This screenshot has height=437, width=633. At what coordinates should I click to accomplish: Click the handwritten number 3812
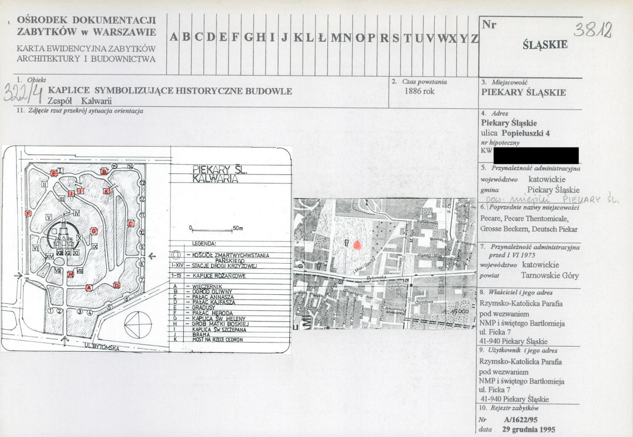pos(593,31)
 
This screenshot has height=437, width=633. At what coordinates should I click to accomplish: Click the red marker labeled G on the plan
pos(93,231)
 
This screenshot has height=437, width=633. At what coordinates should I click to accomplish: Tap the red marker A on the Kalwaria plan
pos(89,287)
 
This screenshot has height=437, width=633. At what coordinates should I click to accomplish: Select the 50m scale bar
pos(212,229)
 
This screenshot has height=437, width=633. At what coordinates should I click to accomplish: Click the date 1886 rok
pos(419,91)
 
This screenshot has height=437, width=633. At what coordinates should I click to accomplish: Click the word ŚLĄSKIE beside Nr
pos(545,45)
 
